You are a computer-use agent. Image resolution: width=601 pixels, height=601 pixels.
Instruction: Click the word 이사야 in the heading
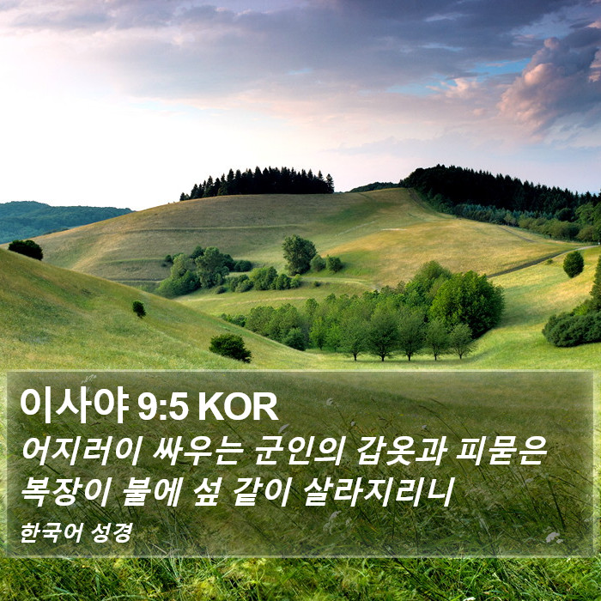pyautogui.click(x=74, y=406)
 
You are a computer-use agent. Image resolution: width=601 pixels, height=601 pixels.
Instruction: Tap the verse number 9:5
pyautogui.click(x=163, y=408)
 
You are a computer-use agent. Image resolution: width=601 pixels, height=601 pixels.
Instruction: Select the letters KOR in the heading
pyautogui.click(x=238, y=408)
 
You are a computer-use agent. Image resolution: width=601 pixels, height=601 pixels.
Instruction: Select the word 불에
pyautogui.click(x=152, y=492)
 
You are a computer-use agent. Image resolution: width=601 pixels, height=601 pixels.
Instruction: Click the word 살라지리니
pyautogui.click(x=379, y=492)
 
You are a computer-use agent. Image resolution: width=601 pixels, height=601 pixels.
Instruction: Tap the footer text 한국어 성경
pyautogui.click(x=76, y=533)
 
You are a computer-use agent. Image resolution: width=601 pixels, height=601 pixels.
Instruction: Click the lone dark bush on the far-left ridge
pyautogui.click(x=26, y=249)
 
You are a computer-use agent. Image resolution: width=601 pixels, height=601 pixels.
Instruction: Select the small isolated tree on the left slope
pyautogui.click(x=139, y=309)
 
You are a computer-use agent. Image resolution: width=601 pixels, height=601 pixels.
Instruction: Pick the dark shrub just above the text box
pyautogui.click(x=230, y=348)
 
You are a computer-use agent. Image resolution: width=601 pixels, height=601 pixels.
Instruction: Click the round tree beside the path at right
pyautogui.click(x=574, y=264)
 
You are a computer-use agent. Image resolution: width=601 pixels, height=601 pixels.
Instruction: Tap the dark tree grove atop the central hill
pyautogui.click(x=258, y=182)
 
